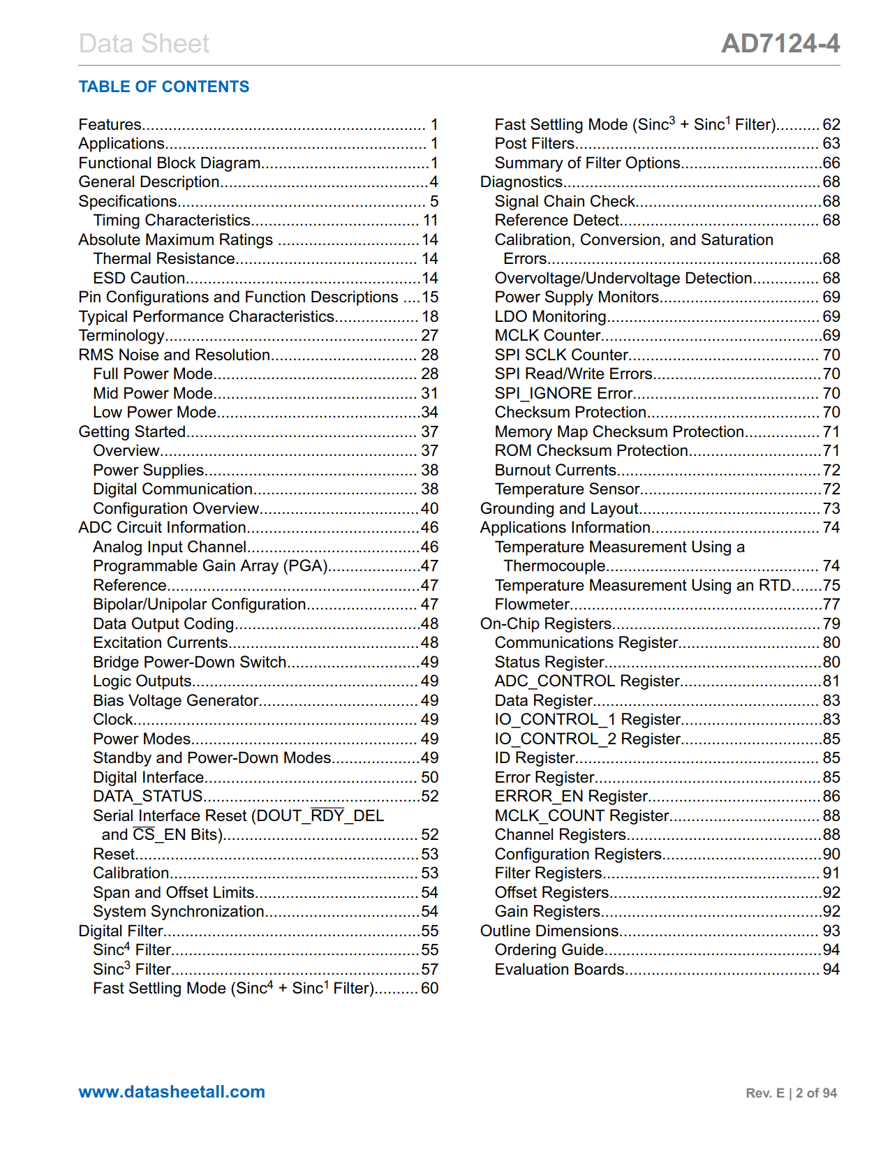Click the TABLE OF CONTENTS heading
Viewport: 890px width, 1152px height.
tap(163, 87)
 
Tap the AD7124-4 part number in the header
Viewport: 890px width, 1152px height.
tap(780, 43)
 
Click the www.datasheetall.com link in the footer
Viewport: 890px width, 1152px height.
tap(172, 1092)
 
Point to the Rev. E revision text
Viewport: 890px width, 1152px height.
tap(765, 1093)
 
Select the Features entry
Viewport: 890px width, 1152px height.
tap(110, 125)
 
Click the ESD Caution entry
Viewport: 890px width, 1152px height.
tap(139, 279)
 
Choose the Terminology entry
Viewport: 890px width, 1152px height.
tap(121, 336)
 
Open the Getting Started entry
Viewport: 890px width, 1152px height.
tap(132, 432)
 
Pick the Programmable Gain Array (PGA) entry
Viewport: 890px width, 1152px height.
tap(211, 566)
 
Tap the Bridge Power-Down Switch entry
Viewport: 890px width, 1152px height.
tap(190, 663)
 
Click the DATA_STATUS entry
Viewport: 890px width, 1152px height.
tap(148, 797)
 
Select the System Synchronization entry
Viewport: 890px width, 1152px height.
tap(179, 912)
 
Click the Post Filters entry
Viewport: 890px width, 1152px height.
tap(535, 144)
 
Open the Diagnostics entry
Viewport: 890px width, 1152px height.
tap(521, 182)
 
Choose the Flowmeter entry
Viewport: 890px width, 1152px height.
tap(533, 605)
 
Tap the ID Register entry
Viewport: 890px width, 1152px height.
tap(535, 758)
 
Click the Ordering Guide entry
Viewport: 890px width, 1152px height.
tap(549, 950)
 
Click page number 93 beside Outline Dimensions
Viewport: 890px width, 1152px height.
tap(831, 931)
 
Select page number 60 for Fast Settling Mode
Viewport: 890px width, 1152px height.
tap(429, 989)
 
